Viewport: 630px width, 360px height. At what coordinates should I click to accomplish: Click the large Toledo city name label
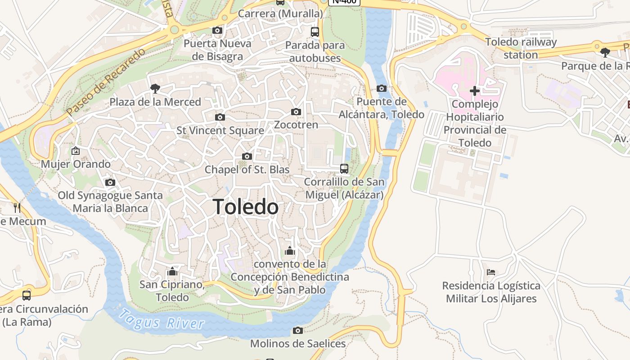pos(246,207)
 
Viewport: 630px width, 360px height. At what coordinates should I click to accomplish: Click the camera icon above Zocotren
pos(296,112)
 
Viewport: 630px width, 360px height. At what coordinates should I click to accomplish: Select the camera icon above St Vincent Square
pos(220,117)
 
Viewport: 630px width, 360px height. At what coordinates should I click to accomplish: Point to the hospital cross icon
pos(474,91)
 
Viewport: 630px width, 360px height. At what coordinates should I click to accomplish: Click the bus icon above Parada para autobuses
pos(315,32)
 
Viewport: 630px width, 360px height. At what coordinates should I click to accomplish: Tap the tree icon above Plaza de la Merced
pos(155,89)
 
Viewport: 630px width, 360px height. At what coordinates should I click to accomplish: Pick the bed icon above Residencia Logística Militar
pos(491,272)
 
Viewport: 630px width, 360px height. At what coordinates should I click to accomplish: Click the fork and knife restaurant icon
pos(17,207)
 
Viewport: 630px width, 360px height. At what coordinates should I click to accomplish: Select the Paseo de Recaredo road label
pos(106,82)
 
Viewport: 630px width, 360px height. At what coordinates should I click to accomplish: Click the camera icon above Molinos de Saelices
pos(297,331)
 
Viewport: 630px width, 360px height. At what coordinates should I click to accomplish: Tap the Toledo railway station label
pos(521,48)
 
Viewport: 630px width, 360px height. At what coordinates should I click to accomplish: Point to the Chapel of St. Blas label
pos(247,170)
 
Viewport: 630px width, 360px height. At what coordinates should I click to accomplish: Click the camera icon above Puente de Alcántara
pos(382,88)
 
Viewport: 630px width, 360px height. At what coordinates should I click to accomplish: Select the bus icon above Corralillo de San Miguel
pos(344,169)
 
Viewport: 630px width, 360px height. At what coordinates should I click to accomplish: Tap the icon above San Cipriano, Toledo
pos(172,271)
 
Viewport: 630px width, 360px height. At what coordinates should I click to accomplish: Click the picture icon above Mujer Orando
pos(76,151)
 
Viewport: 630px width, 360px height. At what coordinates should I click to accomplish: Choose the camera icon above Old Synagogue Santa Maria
pos(110,182)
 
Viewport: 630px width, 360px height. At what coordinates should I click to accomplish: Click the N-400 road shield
pos(345,1)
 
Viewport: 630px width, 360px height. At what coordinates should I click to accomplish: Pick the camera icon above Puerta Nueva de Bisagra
pos(217,31)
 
